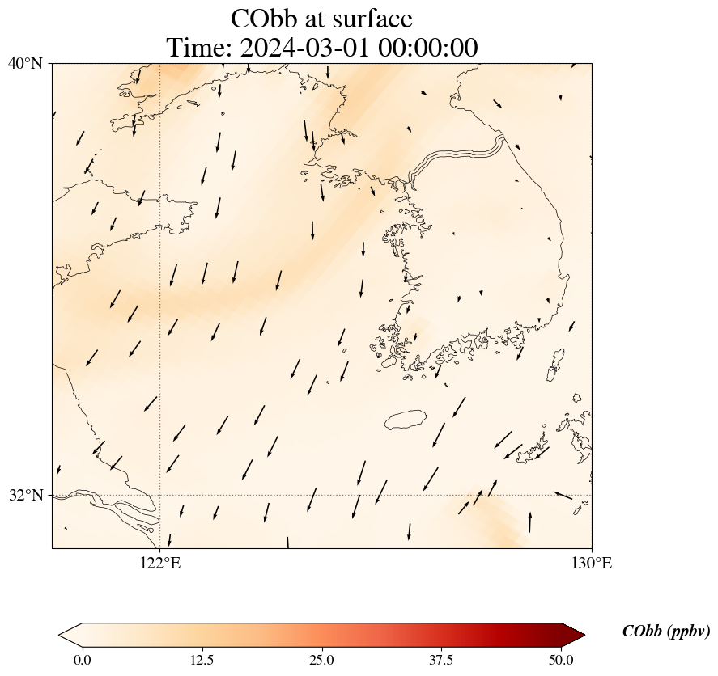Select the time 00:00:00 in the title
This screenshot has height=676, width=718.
tap(423, 48)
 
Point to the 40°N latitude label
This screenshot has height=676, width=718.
tap(25, 63)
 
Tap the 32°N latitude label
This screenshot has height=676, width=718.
tap(25, 495)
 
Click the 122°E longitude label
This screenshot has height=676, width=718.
tap(160, 564)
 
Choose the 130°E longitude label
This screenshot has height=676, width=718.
tap(592, 564)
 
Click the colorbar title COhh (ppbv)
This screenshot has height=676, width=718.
tap(665, 632)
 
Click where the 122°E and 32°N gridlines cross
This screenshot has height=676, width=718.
tap(160, 495)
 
